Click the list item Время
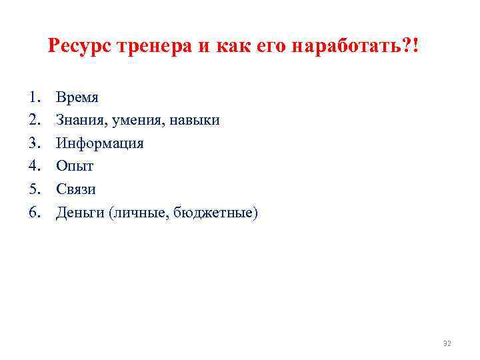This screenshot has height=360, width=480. click(77, 97)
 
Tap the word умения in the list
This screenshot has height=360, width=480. click(135, 120)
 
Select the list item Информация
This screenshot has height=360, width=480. click(100, 143)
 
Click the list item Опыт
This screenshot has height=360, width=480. click(75, 166)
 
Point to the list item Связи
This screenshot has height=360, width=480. click(76, 189)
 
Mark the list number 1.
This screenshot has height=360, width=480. click(35, 97)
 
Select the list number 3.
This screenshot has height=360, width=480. click(35, 143)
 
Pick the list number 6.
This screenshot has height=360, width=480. click(35, 212)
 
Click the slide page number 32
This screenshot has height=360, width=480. click(447, 343)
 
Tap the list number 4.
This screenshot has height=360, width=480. click(35, 166)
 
